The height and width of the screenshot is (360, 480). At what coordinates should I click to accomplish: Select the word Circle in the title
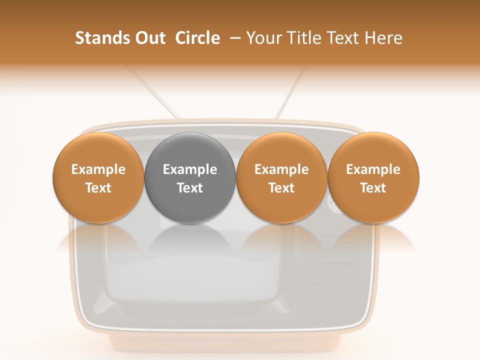(197, 38)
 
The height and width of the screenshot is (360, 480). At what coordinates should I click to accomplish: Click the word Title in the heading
(306, 38)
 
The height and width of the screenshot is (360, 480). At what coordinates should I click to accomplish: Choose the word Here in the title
(383, 38)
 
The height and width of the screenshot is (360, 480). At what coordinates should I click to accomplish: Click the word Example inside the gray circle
(190, 169)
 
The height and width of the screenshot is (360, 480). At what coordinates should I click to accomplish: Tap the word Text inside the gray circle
(190, 188)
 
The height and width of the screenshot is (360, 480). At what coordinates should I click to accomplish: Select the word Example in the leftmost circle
(98, 169)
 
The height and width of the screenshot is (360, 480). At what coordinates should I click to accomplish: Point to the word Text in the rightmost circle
(373, 188)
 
